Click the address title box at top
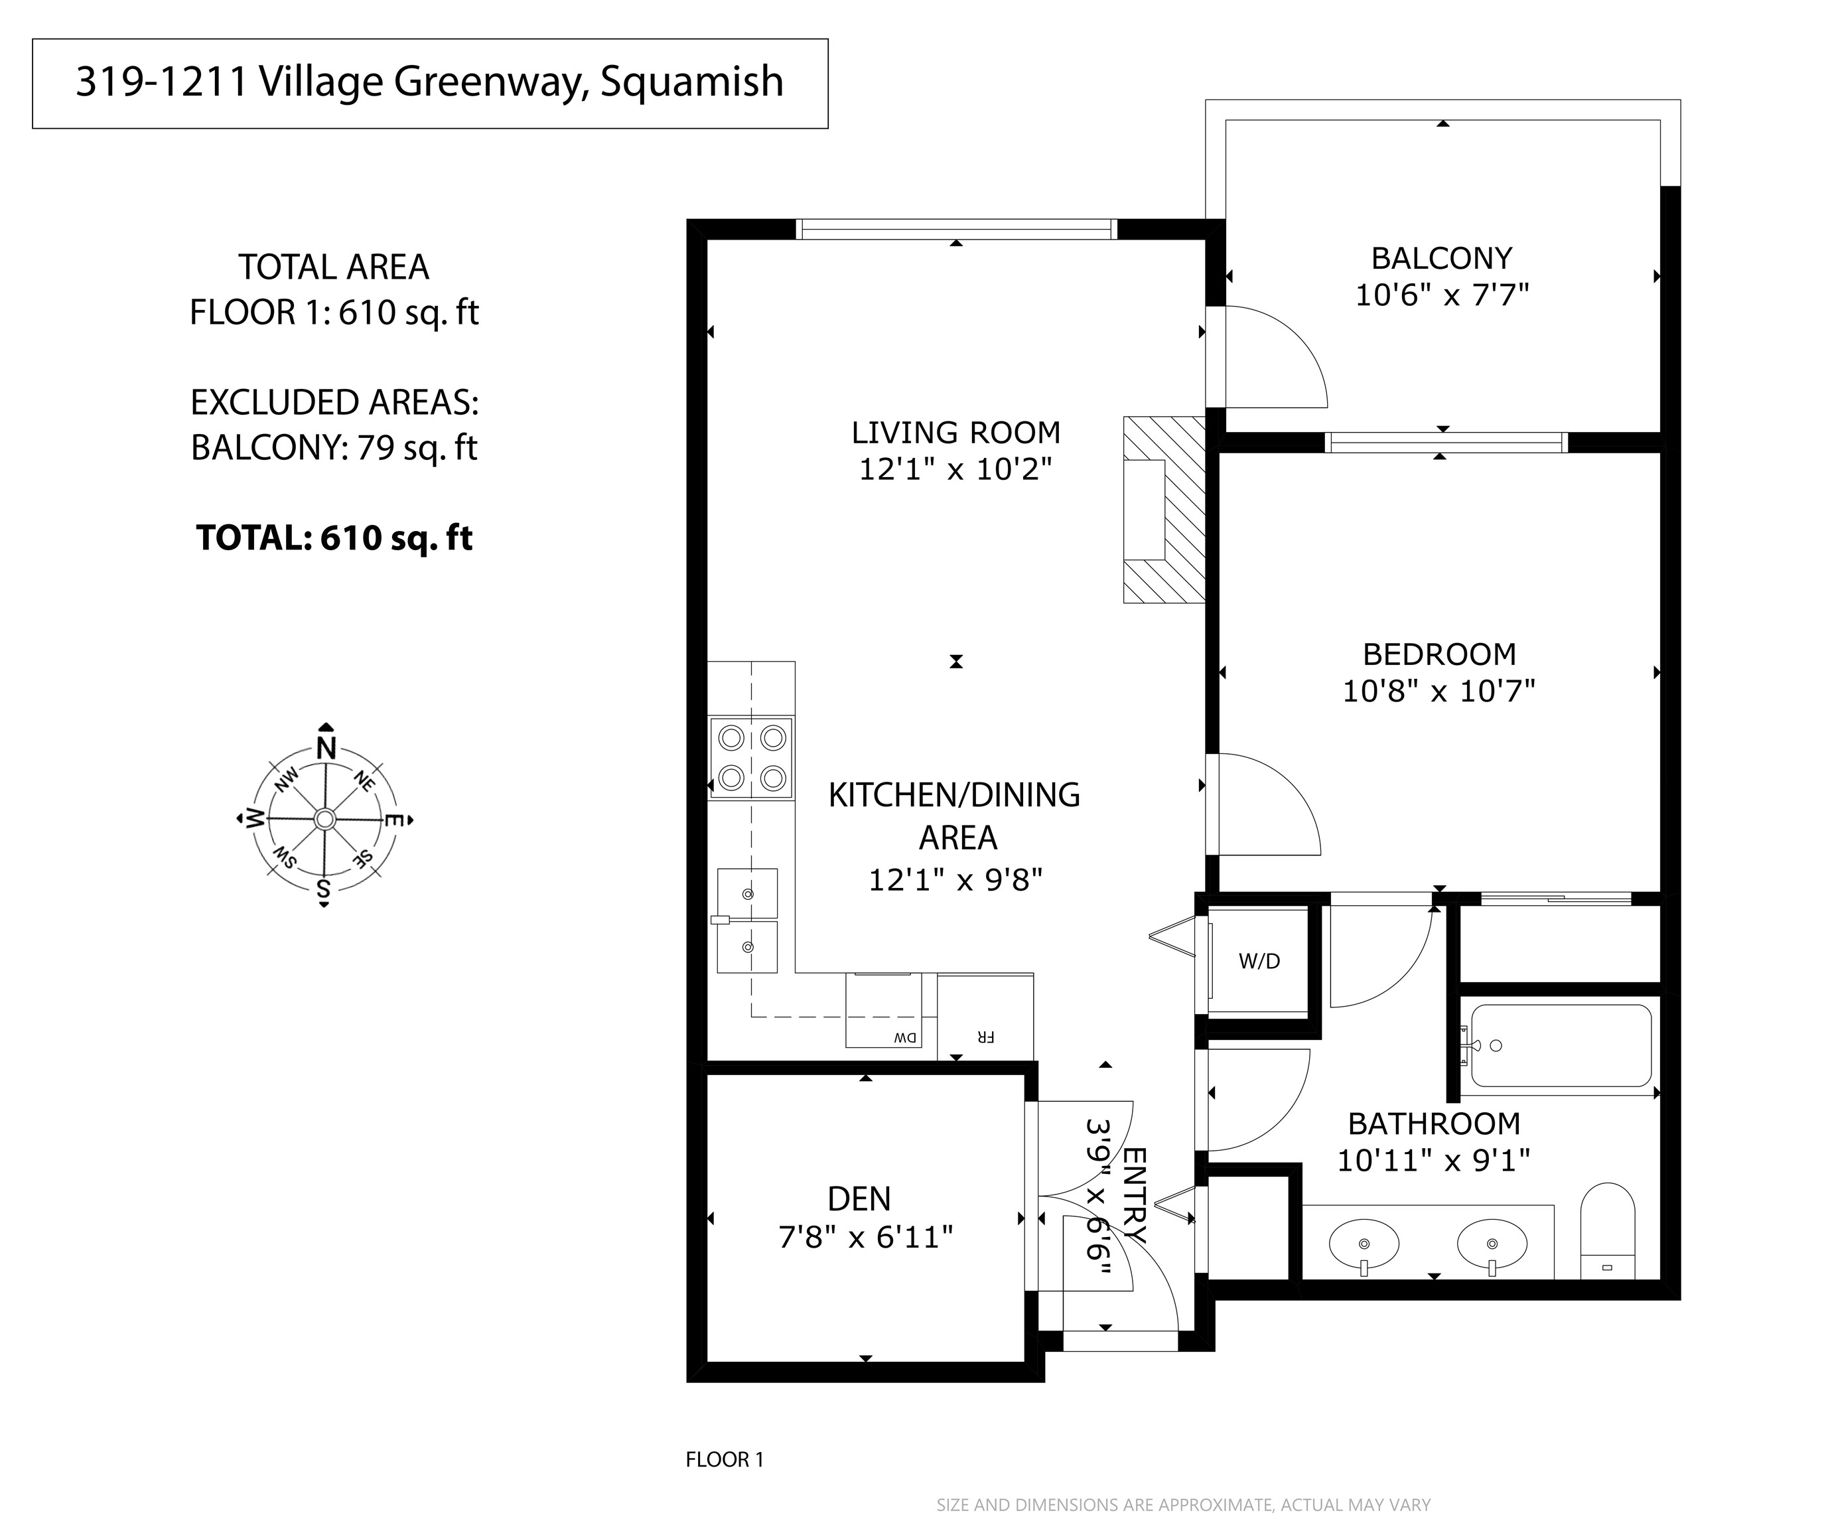tap(430, 84)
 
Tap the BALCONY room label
tap(1442, 258)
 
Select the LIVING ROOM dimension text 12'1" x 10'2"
tap(955, 470)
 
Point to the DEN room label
tap(859, 1199)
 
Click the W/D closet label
tap(1259, 961)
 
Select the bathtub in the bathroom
tap(1556, 1046)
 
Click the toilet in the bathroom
tap(1608, 1231)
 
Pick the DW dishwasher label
tap(905, 1037)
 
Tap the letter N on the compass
tap(326, 748)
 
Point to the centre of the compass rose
tap(325, 818)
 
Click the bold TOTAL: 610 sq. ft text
tap(334, 538)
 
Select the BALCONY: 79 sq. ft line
tap(334, 447)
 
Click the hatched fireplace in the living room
tap(1164, 510)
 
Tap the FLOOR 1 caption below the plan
tap(725, 1459)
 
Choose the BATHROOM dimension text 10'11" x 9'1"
tap(1433, 1161)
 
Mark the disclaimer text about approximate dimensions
tap(1183, 1504)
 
